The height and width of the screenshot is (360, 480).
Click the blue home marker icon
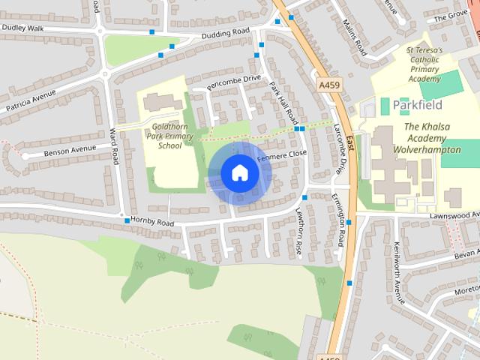(239, 173)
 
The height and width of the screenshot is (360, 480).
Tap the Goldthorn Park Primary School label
(170, 136)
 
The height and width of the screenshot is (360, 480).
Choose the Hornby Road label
(152, 223)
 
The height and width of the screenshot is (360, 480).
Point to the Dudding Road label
(224, 34)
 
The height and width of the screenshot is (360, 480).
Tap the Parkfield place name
(417, 104)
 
